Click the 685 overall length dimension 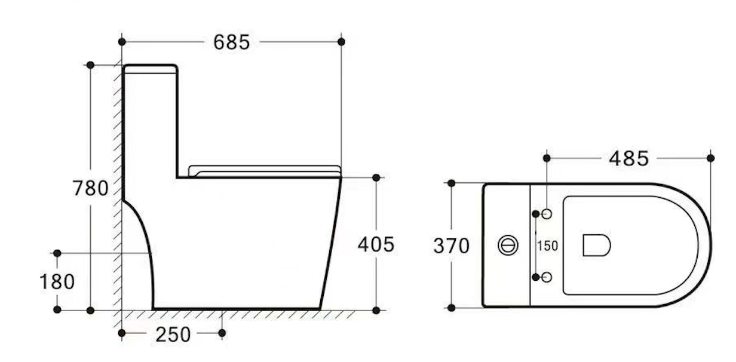pyautogui.click(x=232, y=42)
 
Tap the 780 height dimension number pyautogui.click(x=90, y=189)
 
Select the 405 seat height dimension pyautogui.click(x=376, y=244)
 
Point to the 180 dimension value pyautogui.click(x=57, y=282)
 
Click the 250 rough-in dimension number pyautogui.click(x=173, y=335)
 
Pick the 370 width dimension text pyautogui.click(x=452, y=246)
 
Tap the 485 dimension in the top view pyautogui.click(x=629, y=159)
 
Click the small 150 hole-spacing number pyautogui.click(x=547, y=246)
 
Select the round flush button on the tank pyautogui.click(x=508, y=246)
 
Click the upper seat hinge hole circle pyautogui.click(x=547, y=214)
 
